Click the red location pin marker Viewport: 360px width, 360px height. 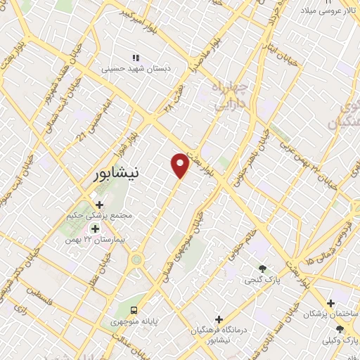point(181,165)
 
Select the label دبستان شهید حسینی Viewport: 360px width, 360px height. point(136,69)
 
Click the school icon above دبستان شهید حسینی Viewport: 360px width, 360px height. point(136,58)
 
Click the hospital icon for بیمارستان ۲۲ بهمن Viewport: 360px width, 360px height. point(95,229)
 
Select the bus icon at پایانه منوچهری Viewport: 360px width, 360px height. point(134,310)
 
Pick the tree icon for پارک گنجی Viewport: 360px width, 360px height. point(263,268)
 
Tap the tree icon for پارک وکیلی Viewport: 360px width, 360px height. point(340,329)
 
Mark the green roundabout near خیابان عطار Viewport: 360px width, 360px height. point(136,261)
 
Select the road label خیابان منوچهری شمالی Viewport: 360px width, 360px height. point(184,243)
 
